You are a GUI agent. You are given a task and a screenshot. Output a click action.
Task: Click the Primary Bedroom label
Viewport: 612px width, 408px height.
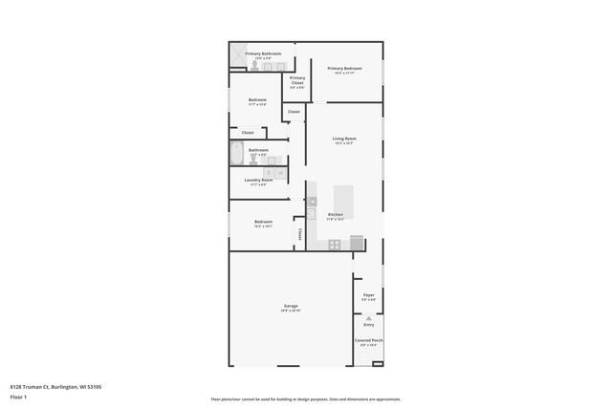click(344, 68)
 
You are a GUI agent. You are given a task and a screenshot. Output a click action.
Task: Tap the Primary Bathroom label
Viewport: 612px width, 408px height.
click(263, 54)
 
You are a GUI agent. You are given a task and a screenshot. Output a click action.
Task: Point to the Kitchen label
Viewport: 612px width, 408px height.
click(336, 214)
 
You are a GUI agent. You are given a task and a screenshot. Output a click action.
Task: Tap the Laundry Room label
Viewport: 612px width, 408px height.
click(259, 181)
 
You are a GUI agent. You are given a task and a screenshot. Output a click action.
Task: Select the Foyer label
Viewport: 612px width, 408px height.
click(368, 295)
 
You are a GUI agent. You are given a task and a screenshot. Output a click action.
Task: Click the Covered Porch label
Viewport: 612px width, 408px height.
click(368, 340)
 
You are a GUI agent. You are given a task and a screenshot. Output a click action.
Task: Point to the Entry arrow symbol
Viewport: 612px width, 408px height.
click(368, 318)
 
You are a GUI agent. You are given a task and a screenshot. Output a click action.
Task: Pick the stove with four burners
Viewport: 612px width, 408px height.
click(335, 245)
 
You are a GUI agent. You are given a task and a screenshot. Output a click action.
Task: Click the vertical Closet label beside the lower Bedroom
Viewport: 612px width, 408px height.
click(299, 233)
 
